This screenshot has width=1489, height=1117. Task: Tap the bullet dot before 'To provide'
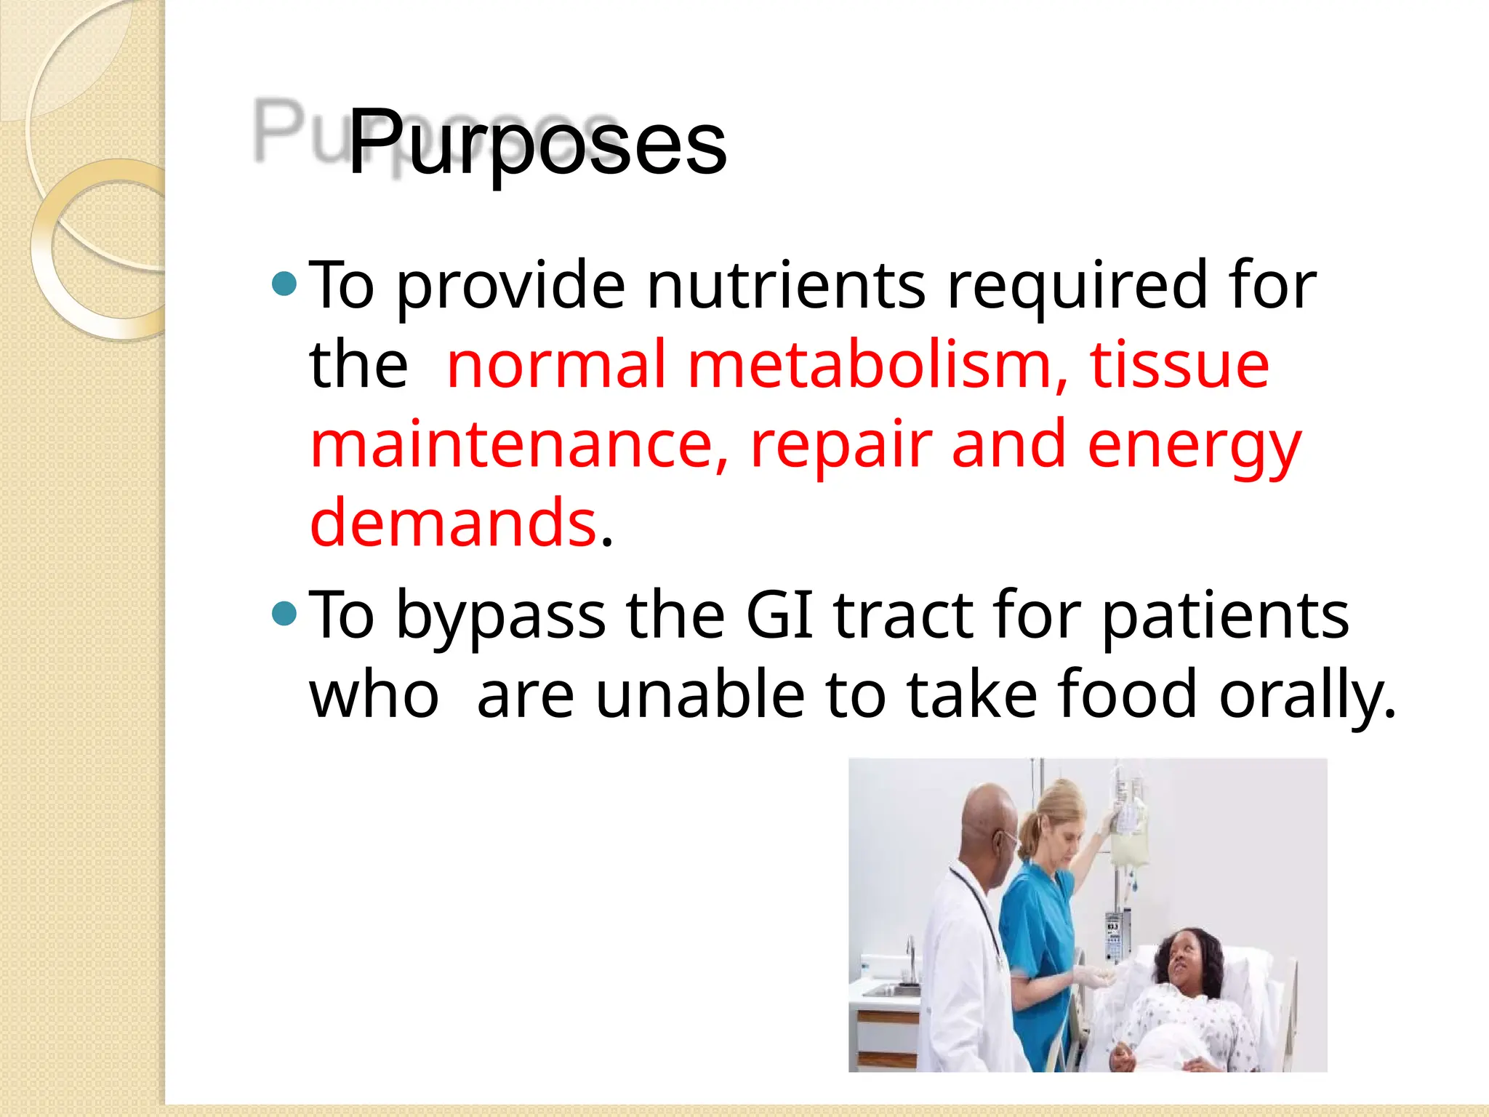coord(284,284)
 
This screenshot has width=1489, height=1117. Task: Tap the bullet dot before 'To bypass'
coord(284,614)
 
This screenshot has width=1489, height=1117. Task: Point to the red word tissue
coord(1179,365)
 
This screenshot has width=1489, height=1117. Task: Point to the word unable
coord(699,695)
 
